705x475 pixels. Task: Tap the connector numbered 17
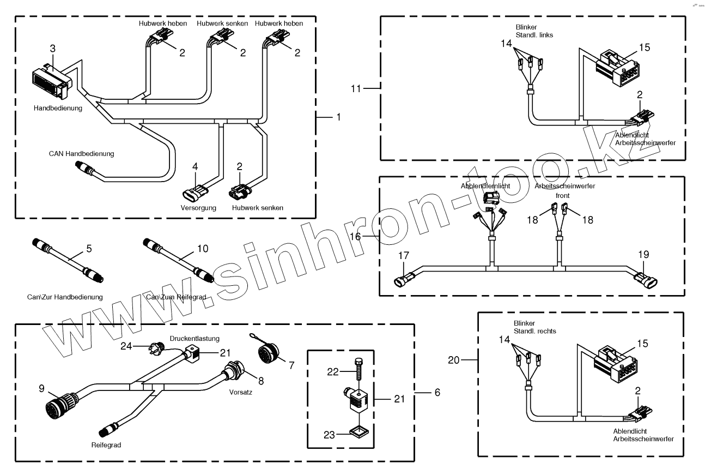pos(403,276)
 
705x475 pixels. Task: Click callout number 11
pos(357,88)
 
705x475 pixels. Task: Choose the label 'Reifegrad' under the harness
pos(106,444)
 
